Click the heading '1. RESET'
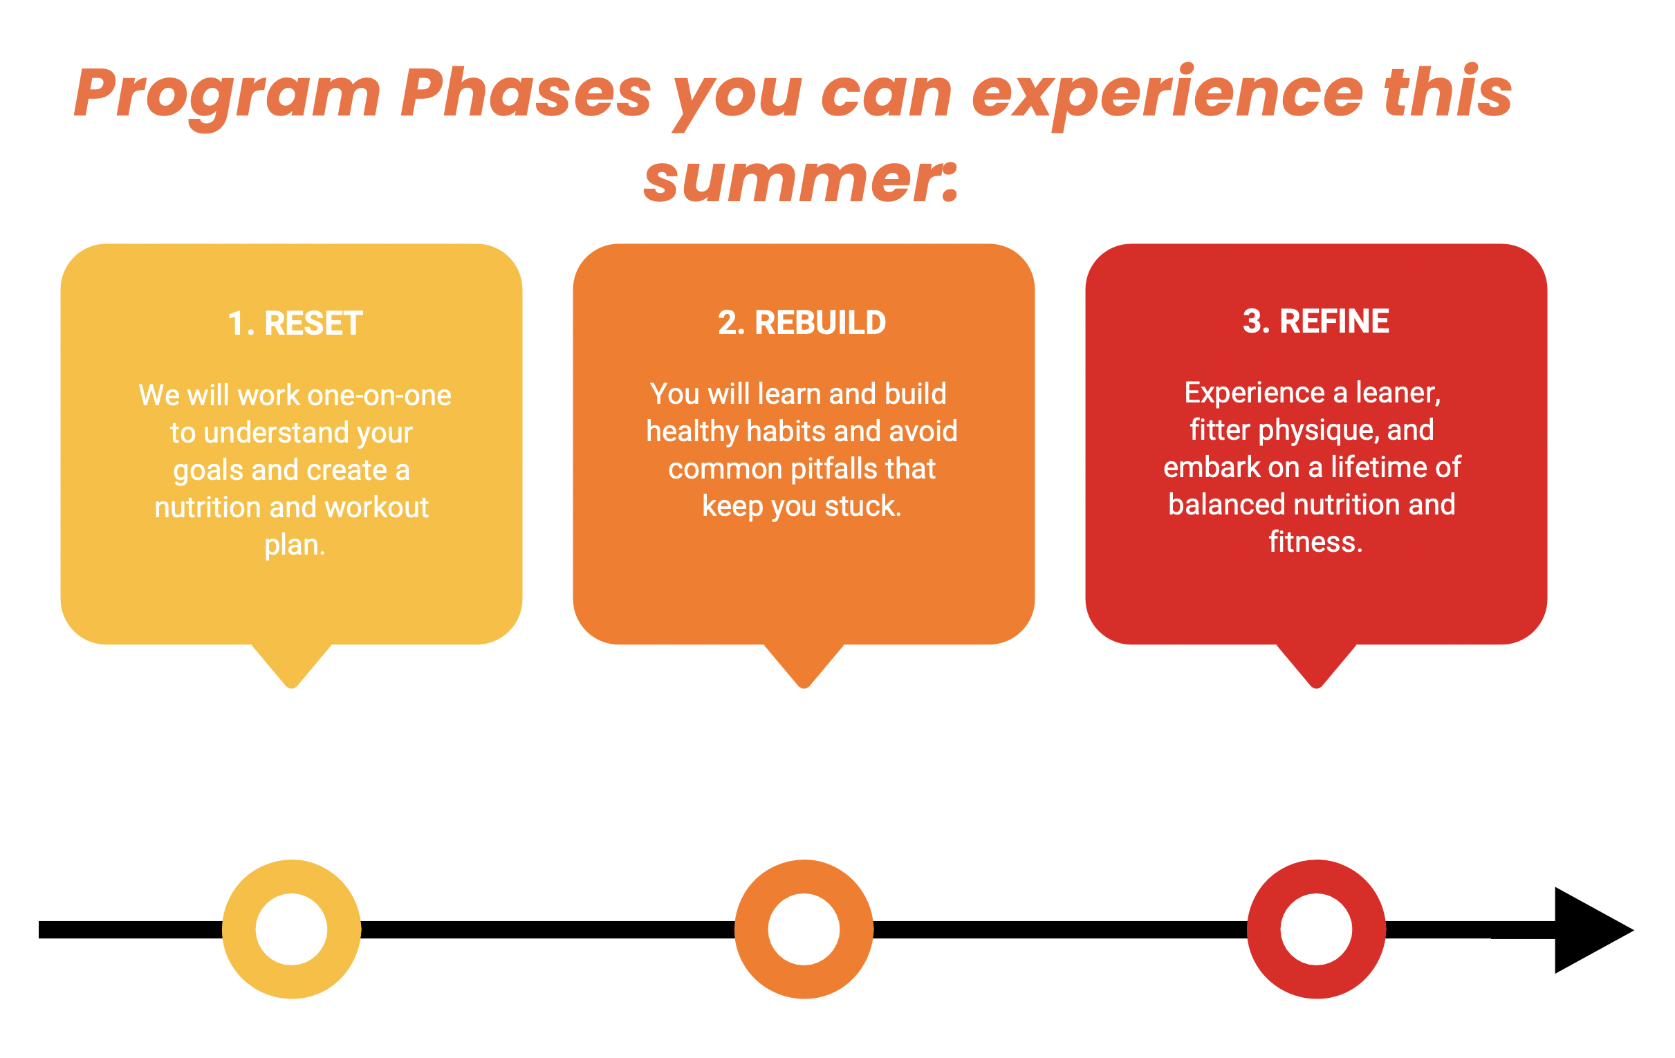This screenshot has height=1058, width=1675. click(x=295, y=324)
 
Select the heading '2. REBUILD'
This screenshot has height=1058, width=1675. click(x=802, y=323)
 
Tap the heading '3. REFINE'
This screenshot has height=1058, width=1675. click(x=1315, y=322)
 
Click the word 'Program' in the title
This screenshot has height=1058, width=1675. click(x=227, y=94)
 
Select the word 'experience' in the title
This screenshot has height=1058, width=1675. click(x=1167, y=94)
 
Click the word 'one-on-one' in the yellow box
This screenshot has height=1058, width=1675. click(x=379, y=395)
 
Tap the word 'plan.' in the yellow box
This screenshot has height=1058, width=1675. click(x=295, y=545)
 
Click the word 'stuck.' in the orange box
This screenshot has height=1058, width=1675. click(x=862, y=506)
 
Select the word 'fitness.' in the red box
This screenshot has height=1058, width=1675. click(x=1315, y=542)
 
